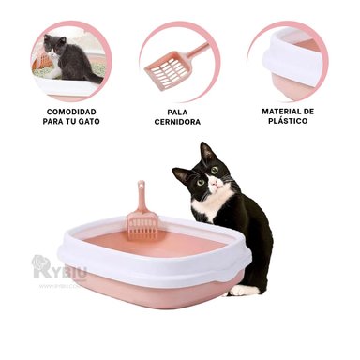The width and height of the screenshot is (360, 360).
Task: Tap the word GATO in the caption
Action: [x=87, y=121]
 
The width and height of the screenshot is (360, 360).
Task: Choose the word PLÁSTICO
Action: [x=286, y=121]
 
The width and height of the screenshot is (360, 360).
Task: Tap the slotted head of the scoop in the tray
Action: [x=142, y=225]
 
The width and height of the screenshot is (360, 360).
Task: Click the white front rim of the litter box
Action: [x=141, y=272]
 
